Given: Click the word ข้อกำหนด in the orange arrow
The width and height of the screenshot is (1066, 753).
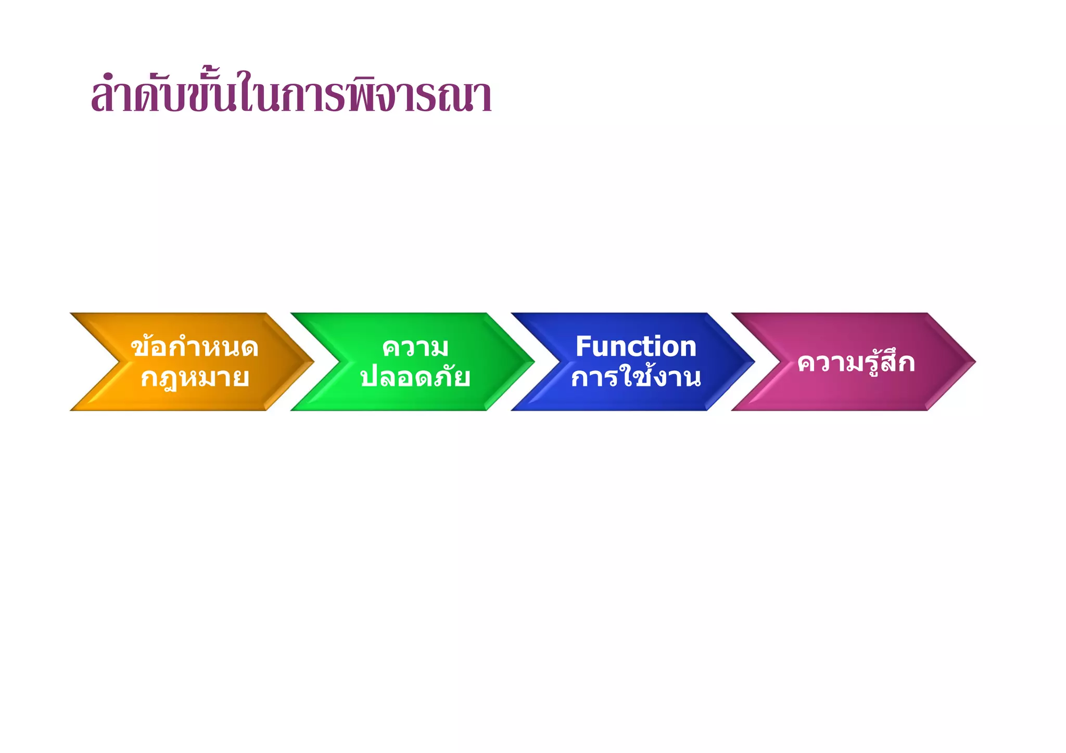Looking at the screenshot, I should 195,347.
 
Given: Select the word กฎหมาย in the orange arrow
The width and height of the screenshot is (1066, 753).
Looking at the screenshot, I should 195,378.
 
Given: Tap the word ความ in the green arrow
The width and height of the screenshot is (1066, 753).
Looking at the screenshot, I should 415,347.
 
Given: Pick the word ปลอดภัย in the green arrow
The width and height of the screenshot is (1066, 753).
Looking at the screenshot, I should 415,378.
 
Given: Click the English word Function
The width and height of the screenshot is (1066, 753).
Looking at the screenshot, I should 636,346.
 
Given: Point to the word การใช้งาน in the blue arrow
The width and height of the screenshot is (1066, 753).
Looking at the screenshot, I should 636,378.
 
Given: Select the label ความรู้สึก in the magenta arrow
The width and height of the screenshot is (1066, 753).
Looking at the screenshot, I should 856,362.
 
